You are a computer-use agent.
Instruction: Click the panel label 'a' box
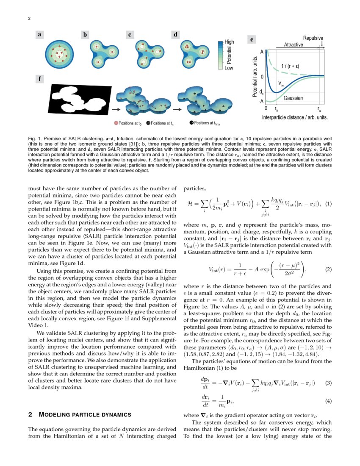coord(40,36)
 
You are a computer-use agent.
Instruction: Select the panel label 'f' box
coord(40,79)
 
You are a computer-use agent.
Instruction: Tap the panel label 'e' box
coord(252,40)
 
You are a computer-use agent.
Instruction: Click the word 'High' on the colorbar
coord(229,42)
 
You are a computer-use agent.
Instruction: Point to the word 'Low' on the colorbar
coord(228,68)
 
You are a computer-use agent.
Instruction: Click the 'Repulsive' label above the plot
coord(313,38)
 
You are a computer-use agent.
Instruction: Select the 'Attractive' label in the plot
coord(293,44)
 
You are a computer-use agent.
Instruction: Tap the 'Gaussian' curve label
coord(293,98)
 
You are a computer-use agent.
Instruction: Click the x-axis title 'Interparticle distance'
coord(295,116)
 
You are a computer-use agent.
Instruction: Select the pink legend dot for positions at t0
coord(116,123)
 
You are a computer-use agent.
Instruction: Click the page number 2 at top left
coord(29,18)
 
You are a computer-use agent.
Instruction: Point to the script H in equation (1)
coord(190,203)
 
